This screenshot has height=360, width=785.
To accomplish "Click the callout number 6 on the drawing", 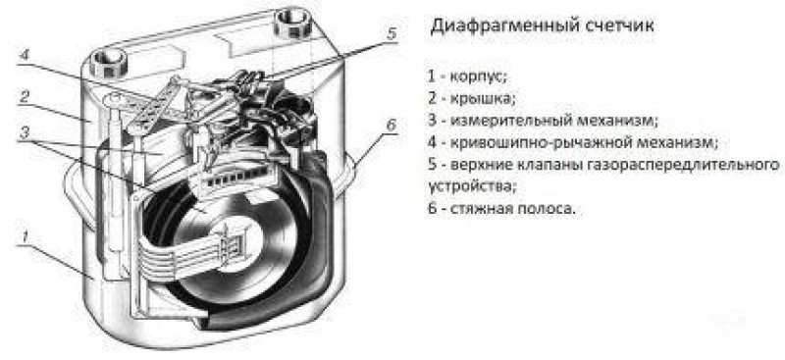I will (390, 126).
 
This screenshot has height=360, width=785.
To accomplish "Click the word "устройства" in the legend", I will (470, 184).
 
